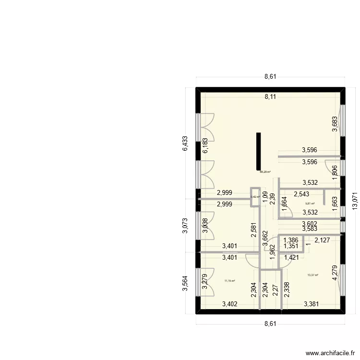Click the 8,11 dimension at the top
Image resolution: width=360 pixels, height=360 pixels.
(270, 97)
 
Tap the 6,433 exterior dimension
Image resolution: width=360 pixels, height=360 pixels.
(185, 143)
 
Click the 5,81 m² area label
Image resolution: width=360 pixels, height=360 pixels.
(303, 204)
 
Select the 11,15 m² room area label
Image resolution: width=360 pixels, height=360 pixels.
(229, 281)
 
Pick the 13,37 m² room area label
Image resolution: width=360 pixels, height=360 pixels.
(312, 275)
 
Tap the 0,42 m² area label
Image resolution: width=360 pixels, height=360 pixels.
(255, 196)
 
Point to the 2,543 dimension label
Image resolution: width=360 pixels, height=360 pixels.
(301, 194)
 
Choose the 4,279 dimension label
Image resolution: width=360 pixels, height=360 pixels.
(335, 275)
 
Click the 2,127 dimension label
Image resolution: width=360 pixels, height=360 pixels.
(322, 241)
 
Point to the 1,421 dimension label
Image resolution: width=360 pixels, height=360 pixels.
(291, 258)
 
